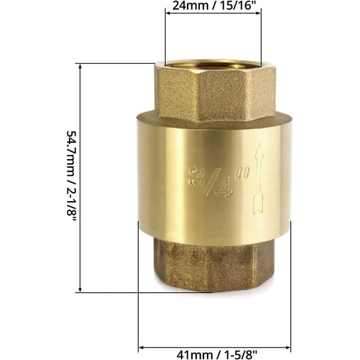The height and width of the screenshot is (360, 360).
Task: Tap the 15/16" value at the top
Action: (x=238, y=5)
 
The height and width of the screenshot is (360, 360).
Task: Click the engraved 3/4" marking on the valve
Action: (x=218, y=181)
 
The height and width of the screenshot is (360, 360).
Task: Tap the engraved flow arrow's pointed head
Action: (x=259, y=152)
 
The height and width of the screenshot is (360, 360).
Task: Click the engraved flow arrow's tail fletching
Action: (x=258, y=205)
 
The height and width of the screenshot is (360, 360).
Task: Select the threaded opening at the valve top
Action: (x=213, y=65)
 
